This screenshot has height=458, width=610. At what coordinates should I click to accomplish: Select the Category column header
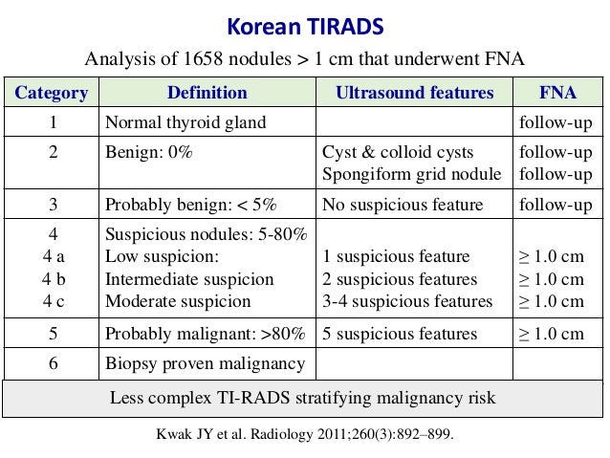tap(51, 93)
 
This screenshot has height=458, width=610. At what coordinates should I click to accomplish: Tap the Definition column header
tap(207, 93)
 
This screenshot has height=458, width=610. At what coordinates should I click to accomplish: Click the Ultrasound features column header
tap(414, 93)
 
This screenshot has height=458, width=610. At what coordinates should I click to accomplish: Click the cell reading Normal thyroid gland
tap(185, 122)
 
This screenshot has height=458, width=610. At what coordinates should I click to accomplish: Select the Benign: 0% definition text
tap(148, 153)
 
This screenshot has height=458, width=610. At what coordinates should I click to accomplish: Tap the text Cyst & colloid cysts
tap(398, 153)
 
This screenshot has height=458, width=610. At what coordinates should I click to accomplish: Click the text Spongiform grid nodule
tap(412, 174)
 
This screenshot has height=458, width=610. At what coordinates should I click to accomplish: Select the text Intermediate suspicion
tap(188, 279)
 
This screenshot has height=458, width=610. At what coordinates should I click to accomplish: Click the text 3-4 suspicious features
tap(408, 301)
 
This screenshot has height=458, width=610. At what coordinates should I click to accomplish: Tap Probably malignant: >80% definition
tap(205, 334)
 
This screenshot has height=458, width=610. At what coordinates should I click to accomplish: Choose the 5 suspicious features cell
tap(400, 334)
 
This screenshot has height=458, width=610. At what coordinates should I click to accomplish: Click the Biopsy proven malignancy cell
tap(205, 363)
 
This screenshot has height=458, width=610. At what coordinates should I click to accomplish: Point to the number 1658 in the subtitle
tap(214, 59)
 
